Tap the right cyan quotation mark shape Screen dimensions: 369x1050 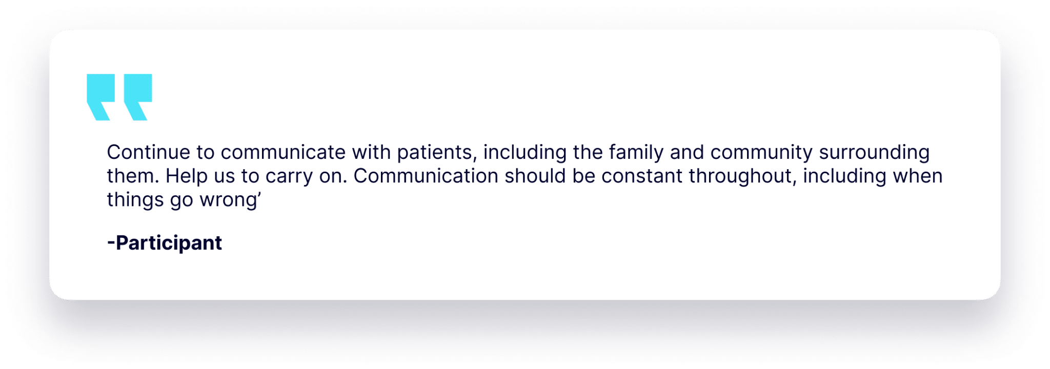pos(138,96)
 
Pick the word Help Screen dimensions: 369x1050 pos(185,176)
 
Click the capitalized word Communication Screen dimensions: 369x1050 pos(426,176)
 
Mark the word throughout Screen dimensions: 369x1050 pos(742,176)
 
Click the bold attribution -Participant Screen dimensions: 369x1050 pos(165,243)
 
